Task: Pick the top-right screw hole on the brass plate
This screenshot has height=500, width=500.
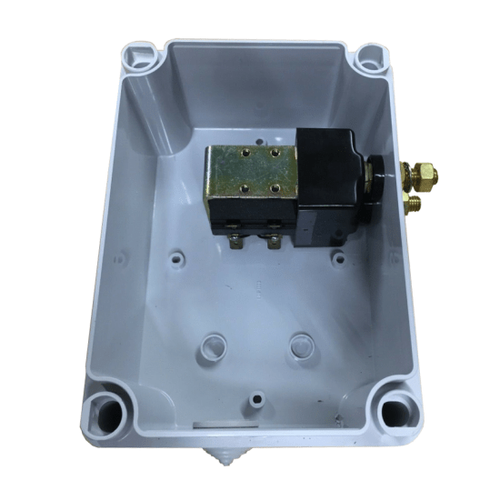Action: click(273, 155)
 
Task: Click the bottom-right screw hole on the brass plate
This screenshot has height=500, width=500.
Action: click(273, 188)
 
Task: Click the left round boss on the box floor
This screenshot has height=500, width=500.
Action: click(214, 345)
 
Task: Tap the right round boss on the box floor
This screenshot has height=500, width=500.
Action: click(301, 345)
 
